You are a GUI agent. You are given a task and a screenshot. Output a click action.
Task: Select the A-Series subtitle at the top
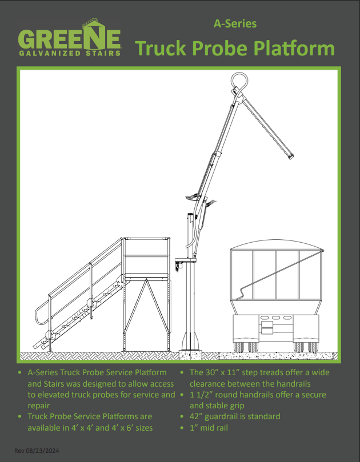pos(235,23)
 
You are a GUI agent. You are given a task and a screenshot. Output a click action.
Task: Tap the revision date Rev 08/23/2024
pos(37,451)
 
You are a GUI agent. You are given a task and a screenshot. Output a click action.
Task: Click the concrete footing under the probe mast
pos(190,355)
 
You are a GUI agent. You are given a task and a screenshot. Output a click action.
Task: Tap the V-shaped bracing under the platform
pos(146,307)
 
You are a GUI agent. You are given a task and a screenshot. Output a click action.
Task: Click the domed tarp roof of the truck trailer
pos(275,244)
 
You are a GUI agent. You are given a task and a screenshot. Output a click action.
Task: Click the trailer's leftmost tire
pos(239,347)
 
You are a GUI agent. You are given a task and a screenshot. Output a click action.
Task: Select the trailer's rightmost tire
pos(313,347)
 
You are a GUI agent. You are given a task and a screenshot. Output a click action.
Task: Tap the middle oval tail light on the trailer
pos(276,318)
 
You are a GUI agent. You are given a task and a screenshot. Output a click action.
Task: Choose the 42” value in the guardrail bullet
pos(196,417)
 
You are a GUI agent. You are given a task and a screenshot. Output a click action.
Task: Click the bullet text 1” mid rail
pos(209,428)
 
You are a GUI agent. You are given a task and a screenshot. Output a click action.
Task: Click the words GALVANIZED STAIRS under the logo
pos(70,53)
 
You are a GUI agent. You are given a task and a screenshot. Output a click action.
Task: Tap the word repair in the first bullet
pos(39,406)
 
